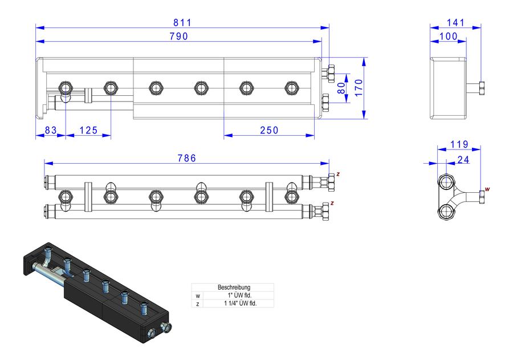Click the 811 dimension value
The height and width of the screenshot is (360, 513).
pyautogui.click(x=182, y=23)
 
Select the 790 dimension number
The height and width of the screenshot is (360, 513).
pyautogui.click(x=178, y=37)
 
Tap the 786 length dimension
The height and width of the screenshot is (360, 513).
pyautogui.click(x=187, y=158)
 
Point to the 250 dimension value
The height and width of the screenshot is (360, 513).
pyautogui.click(x=269, y=131)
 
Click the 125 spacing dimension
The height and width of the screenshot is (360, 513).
pyautogui.click(x=89, y=131)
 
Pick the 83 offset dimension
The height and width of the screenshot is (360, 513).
pyautogui.click(x=51, y=131)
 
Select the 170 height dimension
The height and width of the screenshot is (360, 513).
pyautogui.click(x=359, y=88)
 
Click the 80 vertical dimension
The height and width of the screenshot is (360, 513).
pyautogui.click(x=341, y=88)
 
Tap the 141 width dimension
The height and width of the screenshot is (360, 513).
pyautogui.click(x=456, y=23)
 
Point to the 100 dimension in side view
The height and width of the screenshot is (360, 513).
pyautogui.click(x=449, y=37)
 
